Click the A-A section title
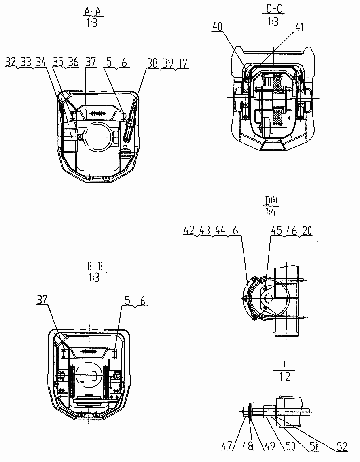click(x=92, y=11)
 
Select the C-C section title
click(x=274, y=9)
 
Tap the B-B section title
click(x=95, y=267)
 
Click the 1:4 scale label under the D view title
click(x=271, y=212)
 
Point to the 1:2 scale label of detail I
click(x=284, y=377)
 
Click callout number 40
click(x=217, y=27)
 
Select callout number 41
click(x=300, y=27)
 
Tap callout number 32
click(x=11, y=62)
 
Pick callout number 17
click(x=183, y=63)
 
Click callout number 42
click(x=189, y=230)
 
